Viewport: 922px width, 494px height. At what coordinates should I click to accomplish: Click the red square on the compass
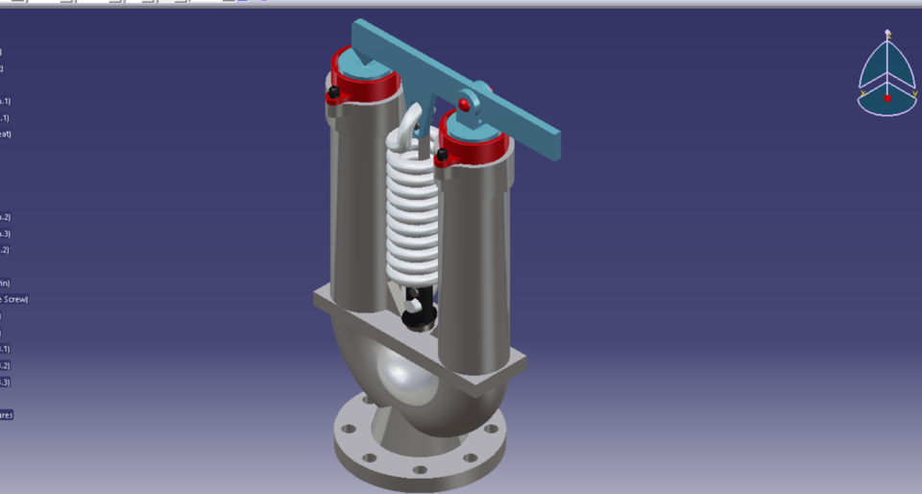tap(887, 98)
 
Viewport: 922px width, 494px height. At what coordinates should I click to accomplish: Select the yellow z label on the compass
tap(888, 34)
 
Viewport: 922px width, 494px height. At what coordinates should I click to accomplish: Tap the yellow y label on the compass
tap(912, 93)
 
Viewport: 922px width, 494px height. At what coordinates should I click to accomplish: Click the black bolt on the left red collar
tap(333, 93)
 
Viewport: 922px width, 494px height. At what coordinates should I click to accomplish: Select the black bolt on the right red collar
tap(442, 154)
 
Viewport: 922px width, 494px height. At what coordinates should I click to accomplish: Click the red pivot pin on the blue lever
tap(464, 104)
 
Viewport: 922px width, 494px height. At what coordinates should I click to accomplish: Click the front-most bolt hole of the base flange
tap(420, 470)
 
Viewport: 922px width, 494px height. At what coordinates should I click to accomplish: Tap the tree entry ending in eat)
tap(5, 134)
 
